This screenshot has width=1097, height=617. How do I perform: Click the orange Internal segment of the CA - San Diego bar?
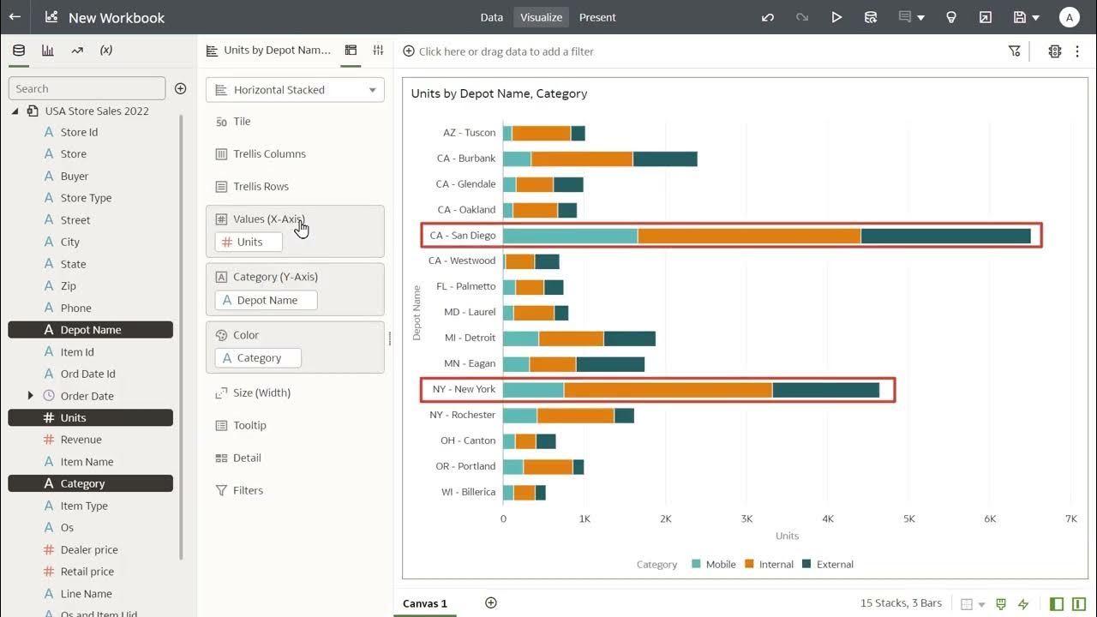pos(749,236)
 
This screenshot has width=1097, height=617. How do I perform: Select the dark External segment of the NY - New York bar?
pos(825,390)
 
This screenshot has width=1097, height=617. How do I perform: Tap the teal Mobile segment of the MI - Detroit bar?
pos(520,338)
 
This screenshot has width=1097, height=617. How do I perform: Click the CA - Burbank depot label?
pos(466,159)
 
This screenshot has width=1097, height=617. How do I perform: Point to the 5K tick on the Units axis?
pos(908,518)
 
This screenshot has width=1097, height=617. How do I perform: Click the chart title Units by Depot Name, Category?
pos(499,93)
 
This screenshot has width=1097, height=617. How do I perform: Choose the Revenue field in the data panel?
pos(81,440)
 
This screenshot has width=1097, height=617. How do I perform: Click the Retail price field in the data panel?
pos(87,572)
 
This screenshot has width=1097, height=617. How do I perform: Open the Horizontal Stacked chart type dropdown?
pos(295,90)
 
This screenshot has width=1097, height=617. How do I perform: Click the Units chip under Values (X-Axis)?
pos(249,243)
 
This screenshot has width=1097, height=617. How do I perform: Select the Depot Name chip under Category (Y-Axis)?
pos(267,301)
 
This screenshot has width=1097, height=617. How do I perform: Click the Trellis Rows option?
pos(261,187)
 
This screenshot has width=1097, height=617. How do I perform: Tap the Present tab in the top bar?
pos(597,17)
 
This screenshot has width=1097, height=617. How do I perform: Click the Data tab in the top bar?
pos(492,17)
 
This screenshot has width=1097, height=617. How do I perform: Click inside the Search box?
pos(86,88)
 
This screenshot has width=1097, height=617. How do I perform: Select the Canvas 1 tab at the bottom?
pos(425,603)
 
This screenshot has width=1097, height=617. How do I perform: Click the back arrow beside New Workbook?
pos(15,17)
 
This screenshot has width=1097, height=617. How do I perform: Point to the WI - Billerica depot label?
pos(468,492)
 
